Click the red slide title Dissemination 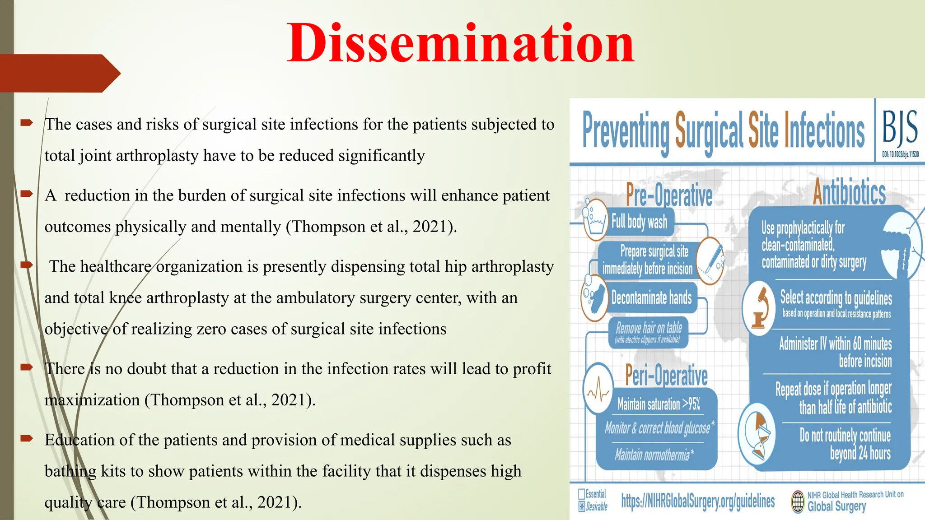point(461,43)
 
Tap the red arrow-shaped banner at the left point(59,73)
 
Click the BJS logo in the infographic point(900,127)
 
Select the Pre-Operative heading point(669,195)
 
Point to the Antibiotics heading point(849,192)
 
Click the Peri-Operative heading point(666,375)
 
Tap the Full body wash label point(639,222)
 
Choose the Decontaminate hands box point(651,297)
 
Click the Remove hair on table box point(649,332)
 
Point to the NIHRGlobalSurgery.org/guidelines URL point(698,501)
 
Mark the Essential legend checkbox point(582,494)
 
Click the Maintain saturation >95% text point(659,404)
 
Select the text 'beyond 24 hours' point(860,453)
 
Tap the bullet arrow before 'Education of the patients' point(27,438)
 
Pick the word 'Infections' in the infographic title point(824,130)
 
